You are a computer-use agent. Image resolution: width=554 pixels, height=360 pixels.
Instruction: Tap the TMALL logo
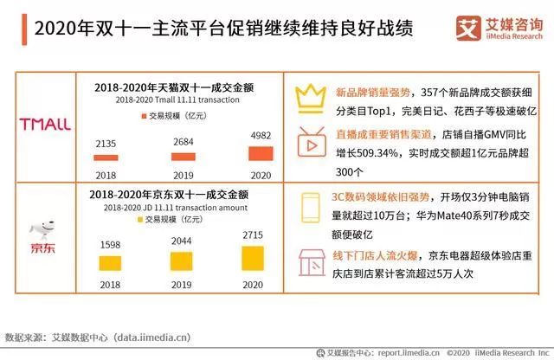[x=45, y=124]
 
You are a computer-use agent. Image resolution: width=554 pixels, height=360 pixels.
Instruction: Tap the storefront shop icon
[x=310, y=259]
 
